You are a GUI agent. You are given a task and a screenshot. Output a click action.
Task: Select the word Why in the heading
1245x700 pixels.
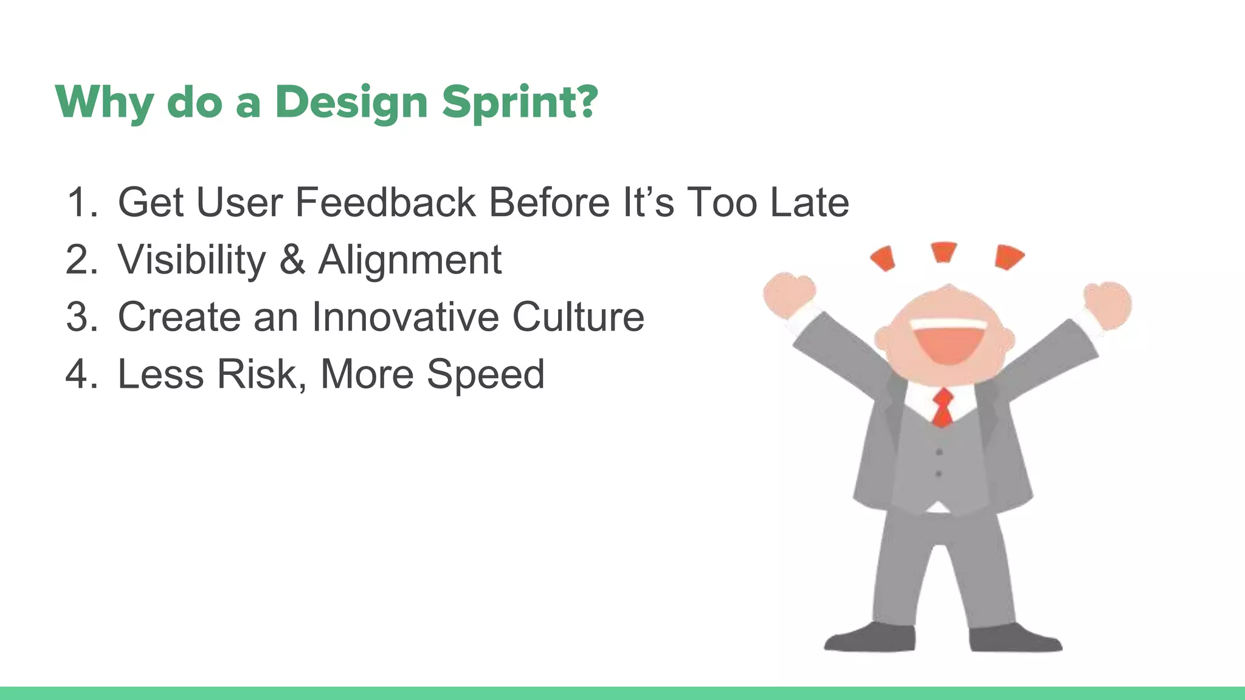click(x=104, y=102)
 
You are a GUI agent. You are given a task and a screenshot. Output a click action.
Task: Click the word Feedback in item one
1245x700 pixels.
click(x=385, y=202)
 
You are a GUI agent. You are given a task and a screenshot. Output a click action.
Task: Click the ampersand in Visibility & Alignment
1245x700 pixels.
click(x=292, y=260)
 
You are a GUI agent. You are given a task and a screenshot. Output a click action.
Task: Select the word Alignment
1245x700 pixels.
click(x=410, y=260)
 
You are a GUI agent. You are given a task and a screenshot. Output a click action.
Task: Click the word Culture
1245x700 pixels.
click(x=578, y=317)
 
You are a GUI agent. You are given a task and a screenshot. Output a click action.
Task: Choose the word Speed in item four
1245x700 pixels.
click(x=485, y=374)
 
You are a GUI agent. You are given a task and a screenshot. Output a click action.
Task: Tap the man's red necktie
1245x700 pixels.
click(x=943, y=407)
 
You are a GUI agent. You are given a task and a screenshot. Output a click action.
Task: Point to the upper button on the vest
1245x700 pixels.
click(x=939, y=452)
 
